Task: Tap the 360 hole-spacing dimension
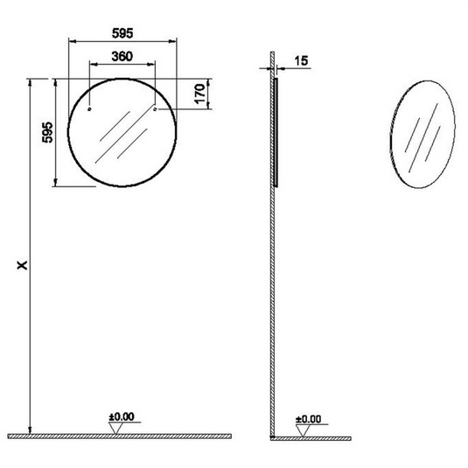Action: [122, 55]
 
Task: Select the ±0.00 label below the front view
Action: [122, 417]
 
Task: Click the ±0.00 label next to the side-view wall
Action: [310, 419]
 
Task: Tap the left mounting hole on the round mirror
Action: [90, 110]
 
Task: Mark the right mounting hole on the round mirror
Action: [155, 110]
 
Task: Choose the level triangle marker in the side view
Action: [303, 428]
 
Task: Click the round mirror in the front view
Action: [122, 131]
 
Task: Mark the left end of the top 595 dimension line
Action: [69, 41]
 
